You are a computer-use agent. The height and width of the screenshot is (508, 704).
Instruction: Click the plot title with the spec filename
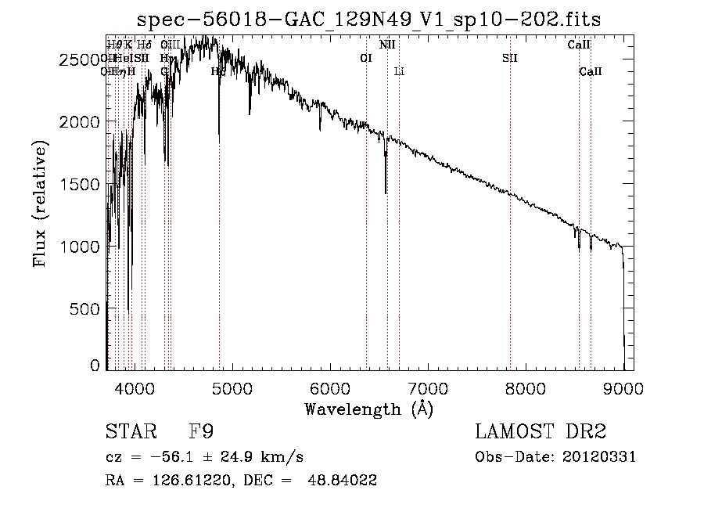coord(368,19)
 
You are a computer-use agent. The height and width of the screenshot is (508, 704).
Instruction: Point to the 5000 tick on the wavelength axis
coord(232,387)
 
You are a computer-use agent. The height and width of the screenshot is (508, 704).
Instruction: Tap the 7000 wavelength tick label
coord(428,387)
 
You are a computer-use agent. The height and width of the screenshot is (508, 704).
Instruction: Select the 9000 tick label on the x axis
coord(623,387)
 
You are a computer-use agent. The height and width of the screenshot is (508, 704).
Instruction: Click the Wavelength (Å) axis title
coord(368,409)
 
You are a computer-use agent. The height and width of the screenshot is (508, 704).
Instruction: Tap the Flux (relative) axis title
coord(40,204)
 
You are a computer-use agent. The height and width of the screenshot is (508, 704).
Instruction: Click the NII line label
coord(387,45)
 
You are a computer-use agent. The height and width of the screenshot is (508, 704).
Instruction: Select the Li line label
coord(399,72)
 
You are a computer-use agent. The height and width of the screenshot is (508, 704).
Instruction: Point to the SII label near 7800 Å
coord(510,58)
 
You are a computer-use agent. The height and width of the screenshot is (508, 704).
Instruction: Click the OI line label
coord(365,58)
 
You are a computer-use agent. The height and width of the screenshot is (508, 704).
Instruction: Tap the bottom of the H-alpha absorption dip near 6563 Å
coord(386,192)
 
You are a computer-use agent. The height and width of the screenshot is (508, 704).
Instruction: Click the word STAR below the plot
coord(130,433)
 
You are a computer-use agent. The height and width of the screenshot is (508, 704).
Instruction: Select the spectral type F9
coord(201,433)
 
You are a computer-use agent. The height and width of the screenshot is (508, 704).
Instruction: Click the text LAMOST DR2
coord(541,433)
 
